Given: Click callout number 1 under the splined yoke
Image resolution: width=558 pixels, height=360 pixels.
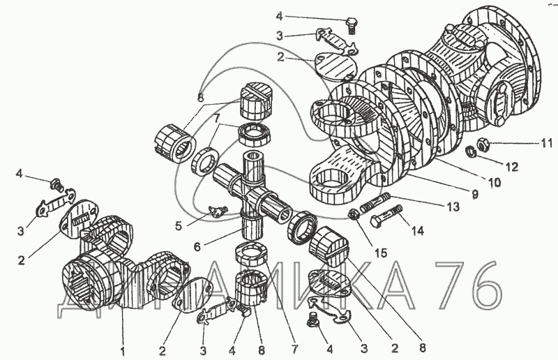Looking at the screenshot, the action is coord(123,352).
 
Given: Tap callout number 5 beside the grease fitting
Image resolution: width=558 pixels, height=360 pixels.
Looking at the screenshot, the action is coord(179,226).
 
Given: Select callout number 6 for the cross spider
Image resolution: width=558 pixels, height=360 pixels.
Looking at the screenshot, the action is coord(197,247).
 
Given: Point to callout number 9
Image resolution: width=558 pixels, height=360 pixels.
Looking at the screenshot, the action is coord(475,194).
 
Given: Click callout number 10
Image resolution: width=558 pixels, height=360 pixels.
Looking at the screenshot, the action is coord(495,182).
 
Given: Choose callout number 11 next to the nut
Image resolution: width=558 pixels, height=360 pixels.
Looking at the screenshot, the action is coord(547,143).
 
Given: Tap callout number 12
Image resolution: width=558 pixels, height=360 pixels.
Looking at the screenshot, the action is coord(512,167).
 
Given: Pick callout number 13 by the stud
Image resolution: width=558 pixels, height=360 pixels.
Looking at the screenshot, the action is coord(453,207).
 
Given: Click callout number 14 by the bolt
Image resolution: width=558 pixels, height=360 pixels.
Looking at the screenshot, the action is coord(417,231).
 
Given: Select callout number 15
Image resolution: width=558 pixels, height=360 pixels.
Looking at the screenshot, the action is coord(380,253).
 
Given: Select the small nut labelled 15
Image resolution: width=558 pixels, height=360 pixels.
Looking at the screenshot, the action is coord(354,214).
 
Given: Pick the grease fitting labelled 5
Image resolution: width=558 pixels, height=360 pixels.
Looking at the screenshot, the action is coord(216,211).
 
